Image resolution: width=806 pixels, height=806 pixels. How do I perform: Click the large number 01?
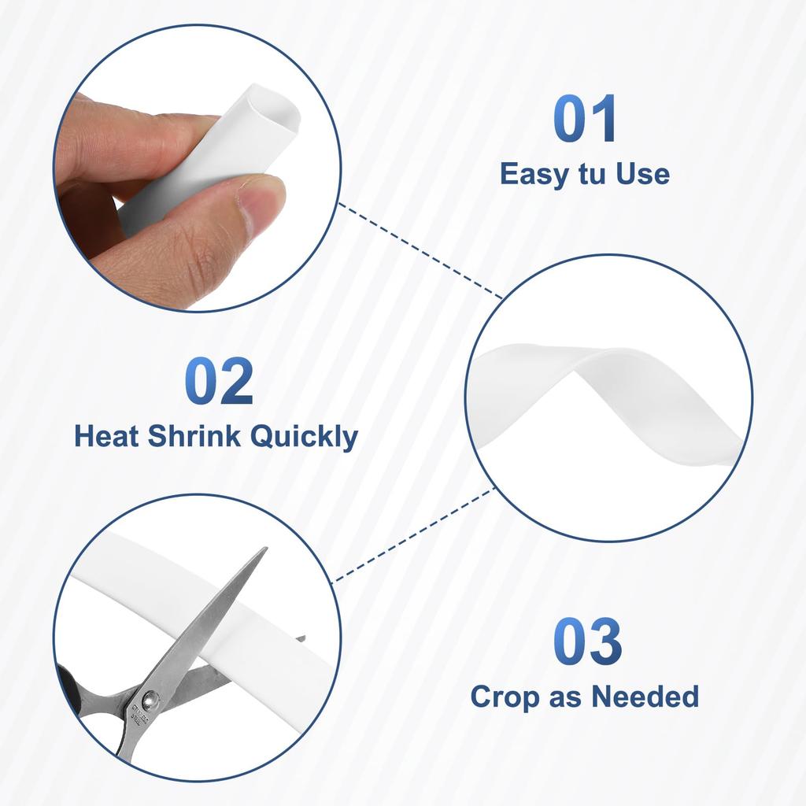(585, 119)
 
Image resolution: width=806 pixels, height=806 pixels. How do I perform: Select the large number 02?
(219, 381)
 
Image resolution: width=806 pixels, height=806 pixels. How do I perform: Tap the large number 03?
(587, 641)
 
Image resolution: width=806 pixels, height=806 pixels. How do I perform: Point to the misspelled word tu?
(592, 174)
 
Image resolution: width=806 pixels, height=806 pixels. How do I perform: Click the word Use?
(642, 174)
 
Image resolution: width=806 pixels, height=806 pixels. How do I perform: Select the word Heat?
(106, 436)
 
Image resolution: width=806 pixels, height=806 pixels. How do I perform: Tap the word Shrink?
(194, 436)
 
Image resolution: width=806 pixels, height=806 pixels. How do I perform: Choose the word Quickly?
(304, 437)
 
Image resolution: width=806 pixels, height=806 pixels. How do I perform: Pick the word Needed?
(645, 697)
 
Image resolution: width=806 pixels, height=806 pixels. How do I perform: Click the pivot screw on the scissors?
(150, 699)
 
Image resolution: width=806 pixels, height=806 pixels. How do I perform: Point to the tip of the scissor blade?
(266, 548)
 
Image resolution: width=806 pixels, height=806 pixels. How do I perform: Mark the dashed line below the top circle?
(420, 251)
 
